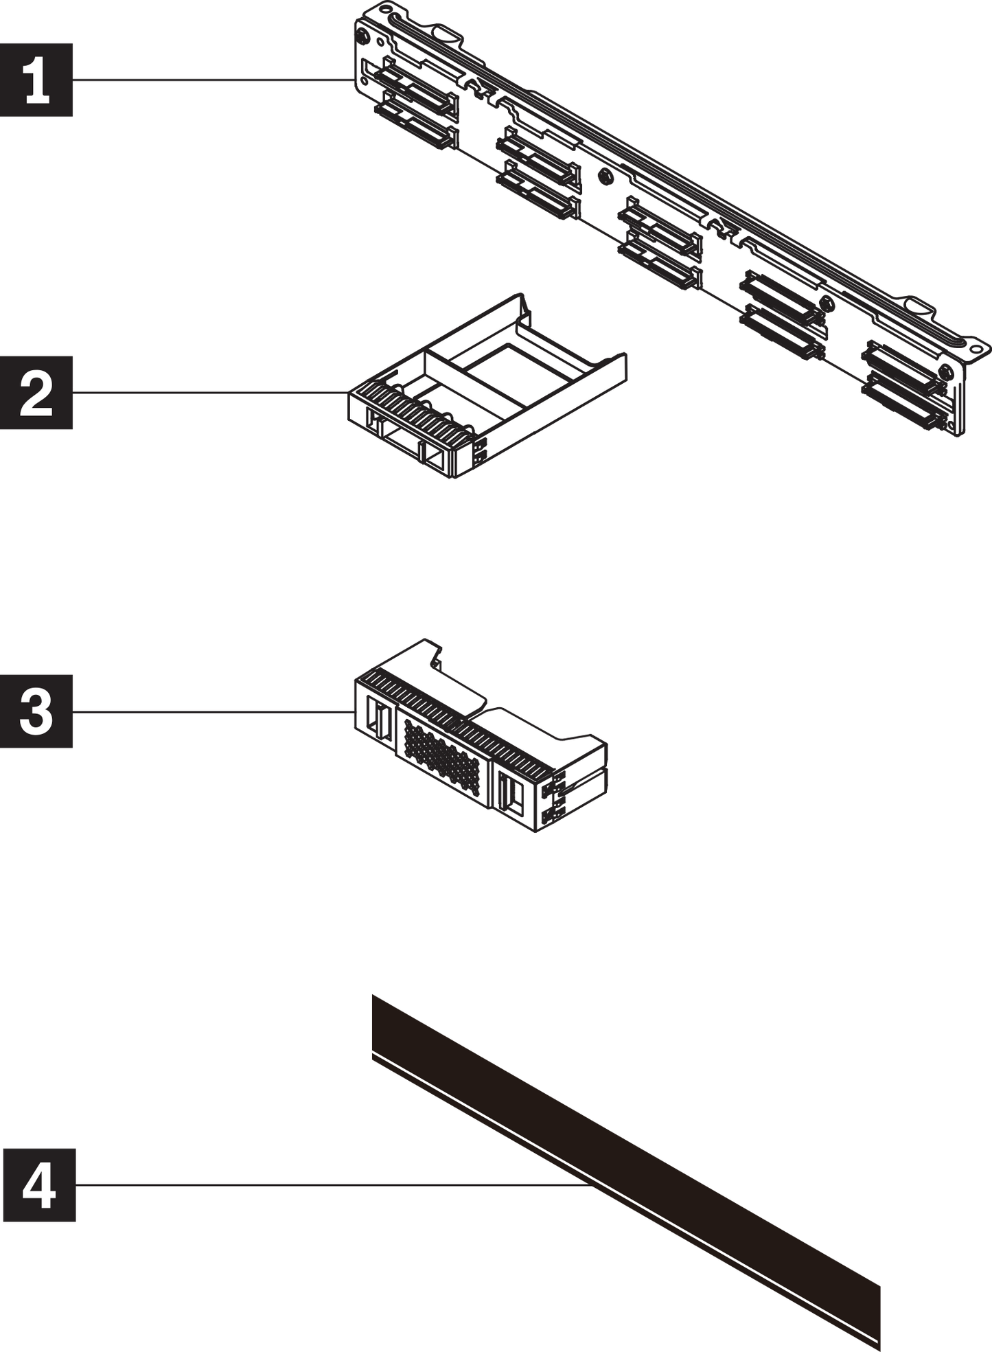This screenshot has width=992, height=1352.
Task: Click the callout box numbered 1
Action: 36,80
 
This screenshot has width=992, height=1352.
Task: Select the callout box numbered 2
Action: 36,393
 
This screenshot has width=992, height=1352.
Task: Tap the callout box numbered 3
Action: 36,711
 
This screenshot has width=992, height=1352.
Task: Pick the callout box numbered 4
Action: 38,1184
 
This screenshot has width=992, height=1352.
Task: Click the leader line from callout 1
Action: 213,80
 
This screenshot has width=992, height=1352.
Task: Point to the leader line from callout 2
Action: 209,393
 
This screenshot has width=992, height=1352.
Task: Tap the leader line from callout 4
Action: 330,1184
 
